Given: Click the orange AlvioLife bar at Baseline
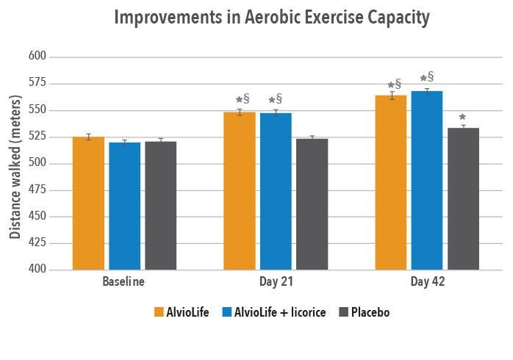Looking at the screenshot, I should coord(88,204).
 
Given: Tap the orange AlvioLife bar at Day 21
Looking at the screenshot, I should coord(240,191).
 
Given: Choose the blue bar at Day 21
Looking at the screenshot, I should coord(276,192).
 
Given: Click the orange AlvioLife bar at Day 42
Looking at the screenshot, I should coord(390,183).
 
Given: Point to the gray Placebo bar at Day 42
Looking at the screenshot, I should coord(463,199).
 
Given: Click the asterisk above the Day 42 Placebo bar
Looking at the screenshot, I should coord(462,118).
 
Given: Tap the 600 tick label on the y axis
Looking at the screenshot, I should coord(37,57).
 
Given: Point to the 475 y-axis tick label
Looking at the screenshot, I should coord(37,190).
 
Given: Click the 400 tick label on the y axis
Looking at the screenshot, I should coord(37,270).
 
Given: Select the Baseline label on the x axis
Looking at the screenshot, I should coord(123,282).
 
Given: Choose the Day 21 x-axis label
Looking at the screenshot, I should coord(275,282).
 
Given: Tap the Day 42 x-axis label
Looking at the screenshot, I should coord(427,282).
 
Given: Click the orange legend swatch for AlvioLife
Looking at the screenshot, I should coord(159,312).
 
